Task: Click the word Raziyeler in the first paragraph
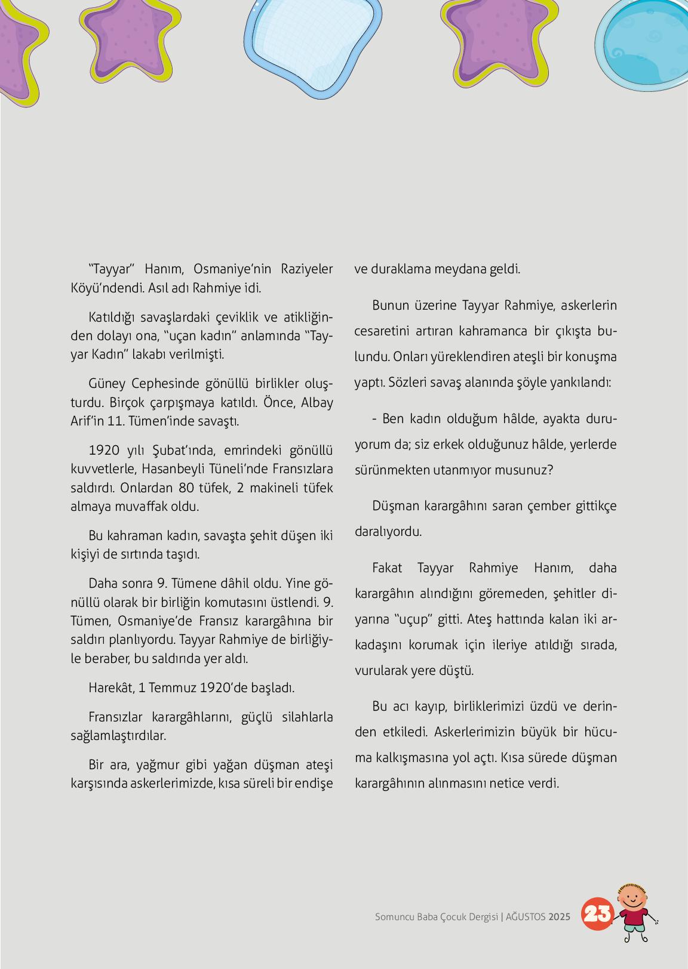click(306, 269)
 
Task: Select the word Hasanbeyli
click(172, 469)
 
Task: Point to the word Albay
click(317, 402)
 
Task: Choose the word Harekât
click(110, 687)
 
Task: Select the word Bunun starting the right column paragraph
click(389, 305)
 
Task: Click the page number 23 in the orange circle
click(596, 914)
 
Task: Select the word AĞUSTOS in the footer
click(526, 917)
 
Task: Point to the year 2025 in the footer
click(560, 917)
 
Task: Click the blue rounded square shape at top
click(314, 45)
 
